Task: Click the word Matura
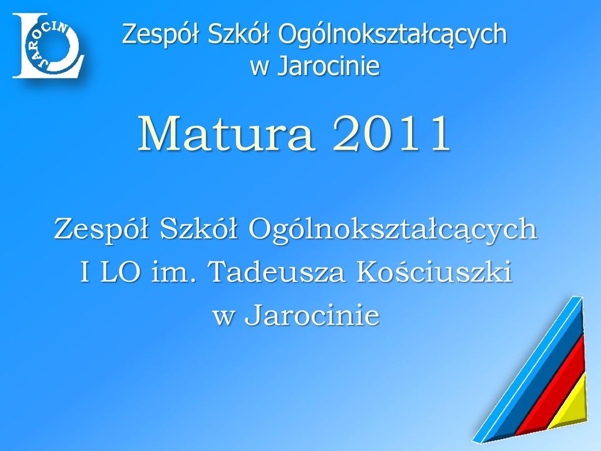[227, 133]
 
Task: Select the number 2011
[391, 133]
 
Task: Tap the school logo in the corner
[48, 46]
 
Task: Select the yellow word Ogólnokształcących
[393, 34]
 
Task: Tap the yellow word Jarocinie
[329, 65]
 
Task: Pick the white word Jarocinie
[312, 315]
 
